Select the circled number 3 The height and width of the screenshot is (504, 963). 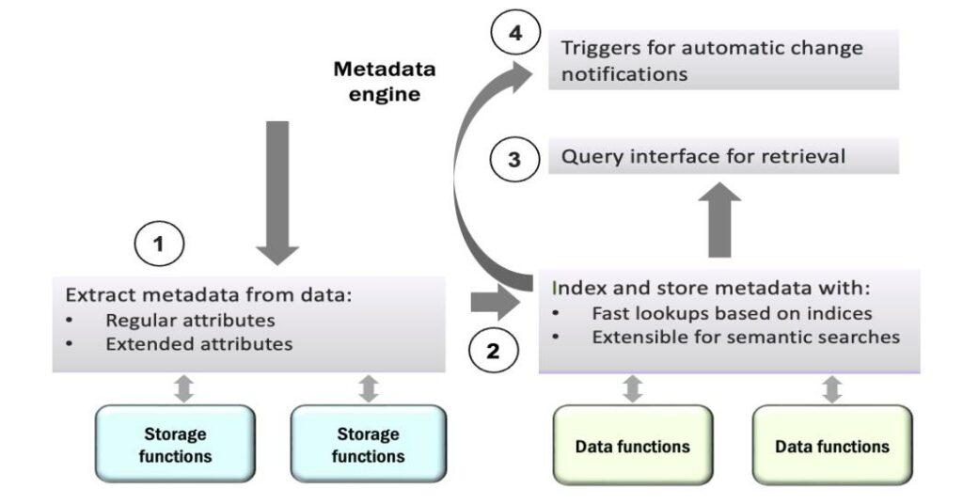tap(513, 159)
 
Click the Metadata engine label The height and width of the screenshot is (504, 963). tap(386, 82)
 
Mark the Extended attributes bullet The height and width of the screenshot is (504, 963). tap(198, 344)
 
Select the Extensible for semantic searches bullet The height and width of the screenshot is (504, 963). tap(746, 337)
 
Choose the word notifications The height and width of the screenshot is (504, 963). tap(623, 73)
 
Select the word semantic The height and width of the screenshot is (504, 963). tap(772, 337)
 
